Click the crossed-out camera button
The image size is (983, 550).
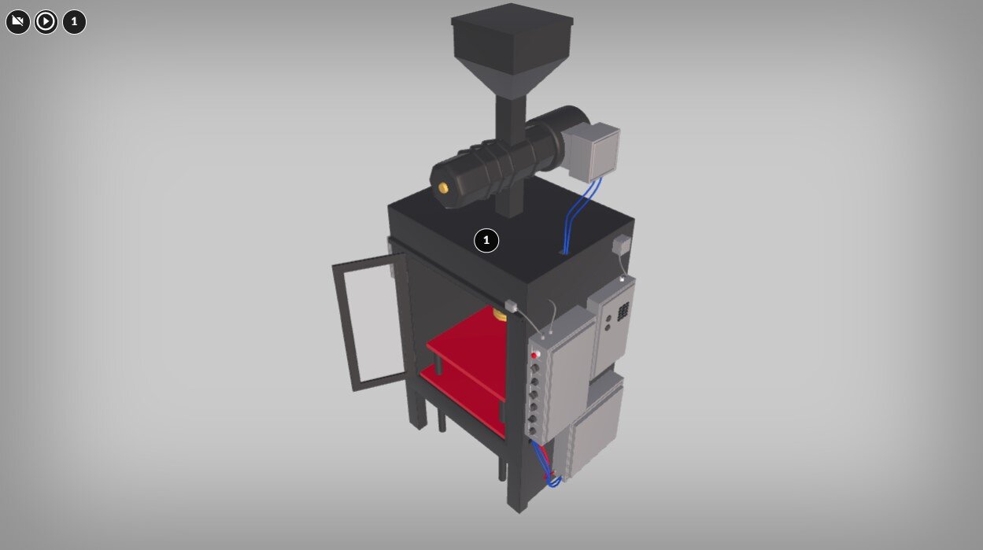(17, 21)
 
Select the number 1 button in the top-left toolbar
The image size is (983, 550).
(74, 21)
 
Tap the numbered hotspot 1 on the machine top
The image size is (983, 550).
(486, 240)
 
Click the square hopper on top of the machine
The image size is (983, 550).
(512, 44)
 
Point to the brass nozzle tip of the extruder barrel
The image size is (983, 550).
(443, 188)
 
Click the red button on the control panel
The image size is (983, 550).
(535, 355)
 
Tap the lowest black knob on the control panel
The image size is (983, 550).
(532, 430)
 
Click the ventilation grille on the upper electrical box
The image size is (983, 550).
(623, 312)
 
